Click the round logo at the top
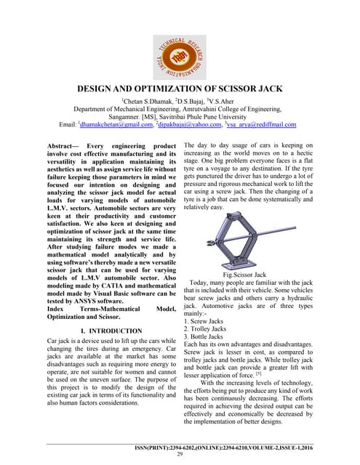tap(180, 45)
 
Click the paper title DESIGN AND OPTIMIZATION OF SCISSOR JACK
tap(180, 89)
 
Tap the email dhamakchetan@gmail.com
tap(113, 125)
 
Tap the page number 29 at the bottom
tap(180, 454)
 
